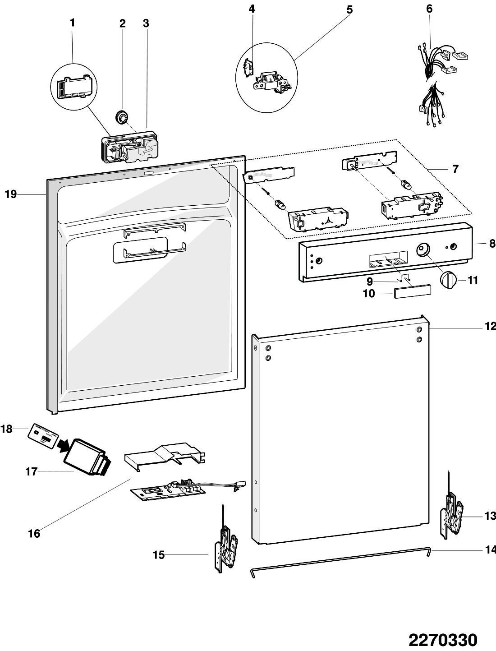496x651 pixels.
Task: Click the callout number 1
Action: (72, 23)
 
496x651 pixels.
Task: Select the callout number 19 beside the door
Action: (11, 194)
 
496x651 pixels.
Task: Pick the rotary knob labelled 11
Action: (449, 280)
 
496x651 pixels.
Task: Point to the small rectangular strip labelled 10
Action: (413, 291)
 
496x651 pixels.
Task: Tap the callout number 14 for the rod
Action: (491, 550)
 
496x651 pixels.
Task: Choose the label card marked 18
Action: (43, 434)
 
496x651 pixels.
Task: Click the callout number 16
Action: (34, 534)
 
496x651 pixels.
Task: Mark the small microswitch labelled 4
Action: (248, 68)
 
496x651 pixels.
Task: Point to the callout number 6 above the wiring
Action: (429, 9)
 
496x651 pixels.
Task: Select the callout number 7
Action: (455, 169)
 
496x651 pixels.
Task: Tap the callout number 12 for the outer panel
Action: (491, 326)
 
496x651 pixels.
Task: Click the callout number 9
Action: (369, 281)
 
